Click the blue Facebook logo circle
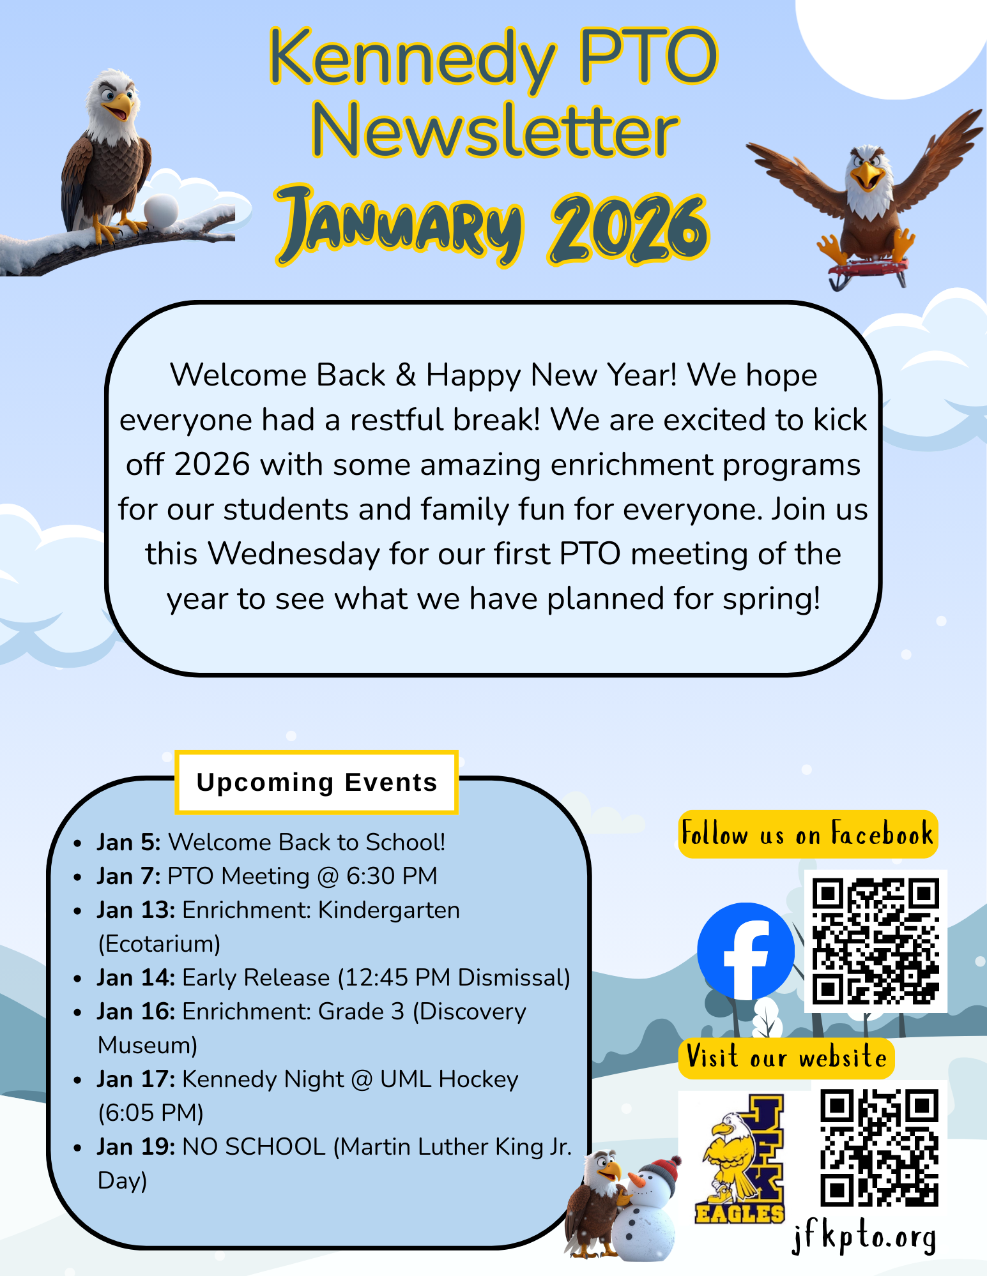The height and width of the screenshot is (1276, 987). (746, 951)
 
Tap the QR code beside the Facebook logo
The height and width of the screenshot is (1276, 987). (875, 941)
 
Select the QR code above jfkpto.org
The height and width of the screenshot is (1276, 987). (879, 1148)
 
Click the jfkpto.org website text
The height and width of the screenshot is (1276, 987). (864, 1237)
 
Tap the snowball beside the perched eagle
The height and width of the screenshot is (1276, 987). (160, 211)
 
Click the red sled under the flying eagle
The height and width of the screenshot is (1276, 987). (869, 271)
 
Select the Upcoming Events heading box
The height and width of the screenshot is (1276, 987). (317, 783)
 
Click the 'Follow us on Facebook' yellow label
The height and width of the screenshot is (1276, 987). (808, 834)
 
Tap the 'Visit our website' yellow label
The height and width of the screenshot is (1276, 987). (786, 1058)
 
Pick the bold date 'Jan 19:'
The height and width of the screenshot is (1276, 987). (136, 1147)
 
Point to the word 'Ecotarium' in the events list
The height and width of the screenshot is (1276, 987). (159, 944)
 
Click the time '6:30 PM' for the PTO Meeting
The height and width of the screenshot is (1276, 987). (392, 876)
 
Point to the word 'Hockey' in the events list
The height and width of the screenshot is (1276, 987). (478, 1079)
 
